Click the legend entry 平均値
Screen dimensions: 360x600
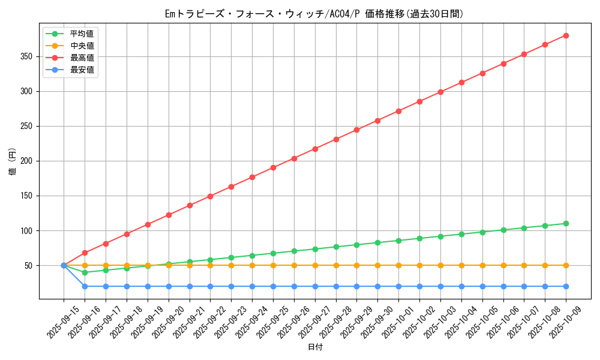[x=82, y=34]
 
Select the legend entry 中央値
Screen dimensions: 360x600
[x=82, y=46]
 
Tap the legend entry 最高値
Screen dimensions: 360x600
[x=82, y=58]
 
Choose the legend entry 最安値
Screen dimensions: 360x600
[x=82, y=70]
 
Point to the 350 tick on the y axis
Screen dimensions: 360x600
[x=27, y=56]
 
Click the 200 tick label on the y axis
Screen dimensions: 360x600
[x=27, y=161]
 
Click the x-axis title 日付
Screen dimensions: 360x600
[x=315, y=347]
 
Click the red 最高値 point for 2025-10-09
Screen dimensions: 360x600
[x=566, y=35]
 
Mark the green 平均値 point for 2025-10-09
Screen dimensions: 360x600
[x=566, y=223]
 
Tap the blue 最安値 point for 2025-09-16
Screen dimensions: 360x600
[x=85, y=286]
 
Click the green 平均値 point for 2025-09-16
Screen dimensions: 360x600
[x=85, y=272]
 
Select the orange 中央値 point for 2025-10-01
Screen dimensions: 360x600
[x=398, y=265]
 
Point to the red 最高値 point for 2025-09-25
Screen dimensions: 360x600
[x=273, y=167]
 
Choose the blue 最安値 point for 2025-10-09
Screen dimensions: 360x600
[x=566, y=286]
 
